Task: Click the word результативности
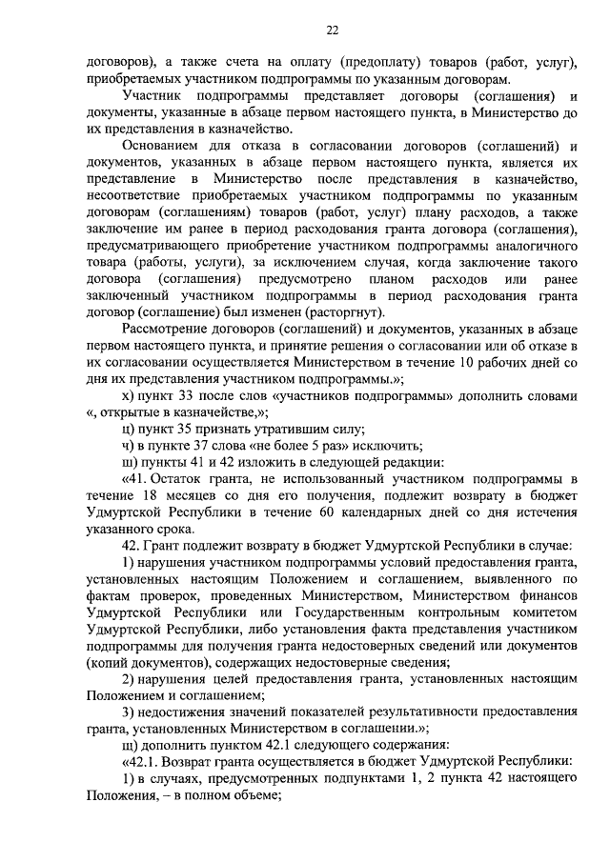click(396, 712)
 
